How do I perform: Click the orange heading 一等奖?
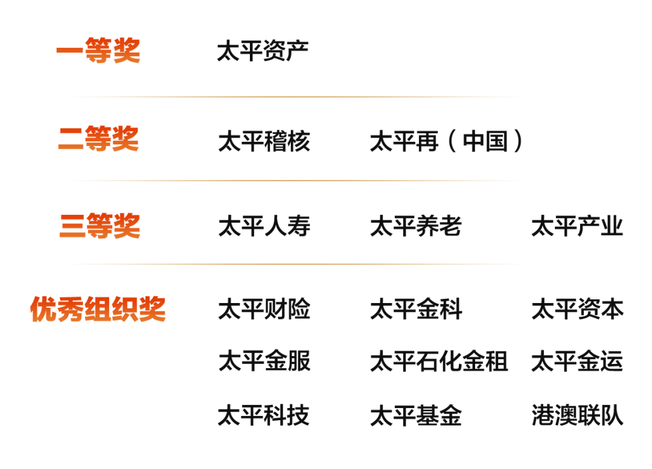point(98,50)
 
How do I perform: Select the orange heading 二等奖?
point(98,138)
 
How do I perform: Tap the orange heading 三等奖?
point(100,226)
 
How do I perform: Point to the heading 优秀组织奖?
point(98,309)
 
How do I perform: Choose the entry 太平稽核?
point(264,141)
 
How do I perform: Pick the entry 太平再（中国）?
point(446,141)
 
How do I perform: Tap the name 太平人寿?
point(264,226)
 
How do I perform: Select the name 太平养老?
point(416,226)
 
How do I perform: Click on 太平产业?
point(577,226)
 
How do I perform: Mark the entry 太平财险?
point(264,309)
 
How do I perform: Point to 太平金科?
point(416,309)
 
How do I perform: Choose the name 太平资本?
point(578,309)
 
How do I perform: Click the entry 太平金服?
point(264,361)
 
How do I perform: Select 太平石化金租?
point(439,361)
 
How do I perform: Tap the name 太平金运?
point(577,361)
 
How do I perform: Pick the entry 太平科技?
point(264,415)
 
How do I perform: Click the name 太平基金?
point(416,415)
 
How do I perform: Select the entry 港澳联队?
point(578,415)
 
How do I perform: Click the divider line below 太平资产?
point(295,97)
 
